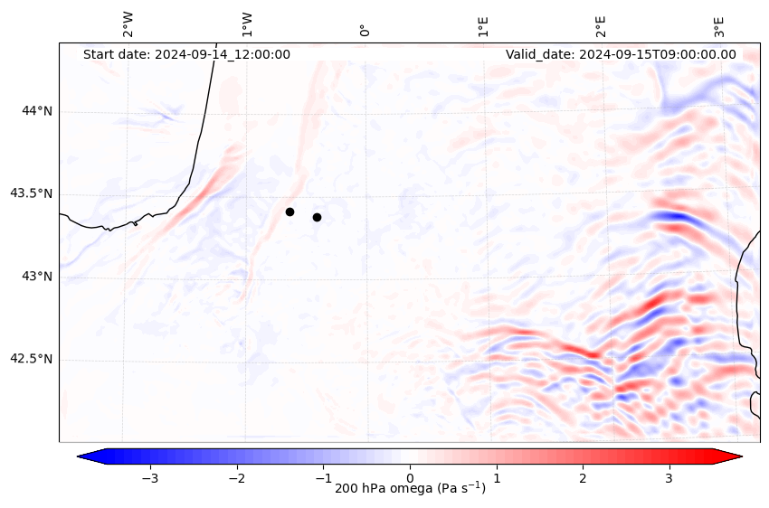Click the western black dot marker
(x=290, y=212)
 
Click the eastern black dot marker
(x=317, y=217)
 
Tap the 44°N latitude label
(x=37, y=111)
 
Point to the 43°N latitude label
(x=37, y=277)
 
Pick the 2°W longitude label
(x=128, y=24)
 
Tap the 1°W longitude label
(x=247, y=24)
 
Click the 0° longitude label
(x=366, y=31)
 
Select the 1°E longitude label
(x=484, y=25)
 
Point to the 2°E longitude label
(x=601, y=25)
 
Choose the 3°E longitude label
(x=719, y=25)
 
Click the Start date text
(x=186, y=54)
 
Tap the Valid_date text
(x=621, y=54)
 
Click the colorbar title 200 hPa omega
(x=410, y=489)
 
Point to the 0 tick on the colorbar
(x=410, y=477)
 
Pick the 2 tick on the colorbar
(x=583, y=477)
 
